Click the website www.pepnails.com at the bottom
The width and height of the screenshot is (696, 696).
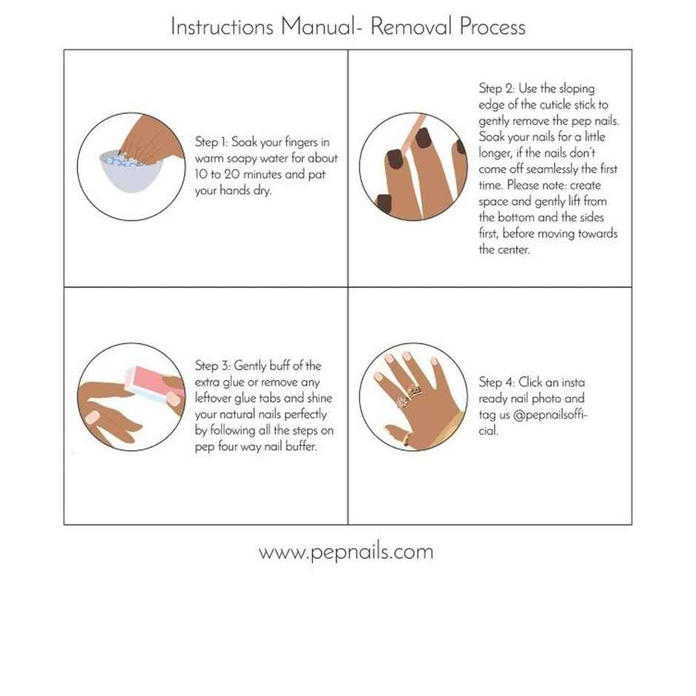[x=346, y=552]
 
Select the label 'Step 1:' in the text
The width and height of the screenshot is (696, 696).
[x=212, y=142]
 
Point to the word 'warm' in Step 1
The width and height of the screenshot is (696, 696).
[x=210, y=158]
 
